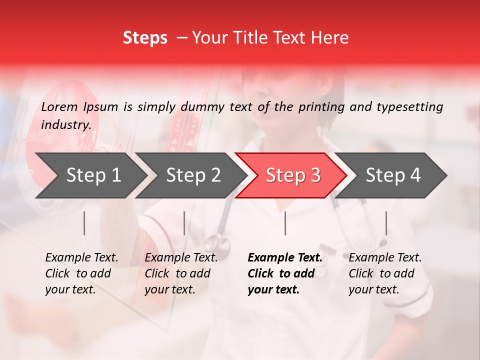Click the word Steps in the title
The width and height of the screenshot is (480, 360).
145,38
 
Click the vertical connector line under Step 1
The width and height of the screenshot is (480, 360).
84,223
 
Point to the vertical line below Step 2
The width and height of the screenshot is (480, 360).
184,223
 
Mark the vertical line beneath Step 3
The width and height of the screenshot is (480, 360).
285,223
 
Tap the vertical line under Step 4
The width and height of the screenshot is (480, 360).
386,223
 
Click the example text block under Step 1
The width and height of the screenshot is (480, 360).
81,273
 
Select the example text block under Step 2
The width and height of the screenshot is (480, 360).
181,273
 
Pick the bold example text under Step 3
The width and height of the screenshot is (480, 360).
285,273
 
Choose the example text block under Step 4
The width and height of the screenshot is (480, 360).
385,273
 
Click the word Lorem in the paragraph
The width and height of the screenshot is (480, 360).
59,106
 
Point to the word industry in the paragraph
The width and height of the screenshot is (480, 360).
66,125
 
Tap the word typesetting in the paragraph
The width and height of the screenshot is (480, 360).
409,107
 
